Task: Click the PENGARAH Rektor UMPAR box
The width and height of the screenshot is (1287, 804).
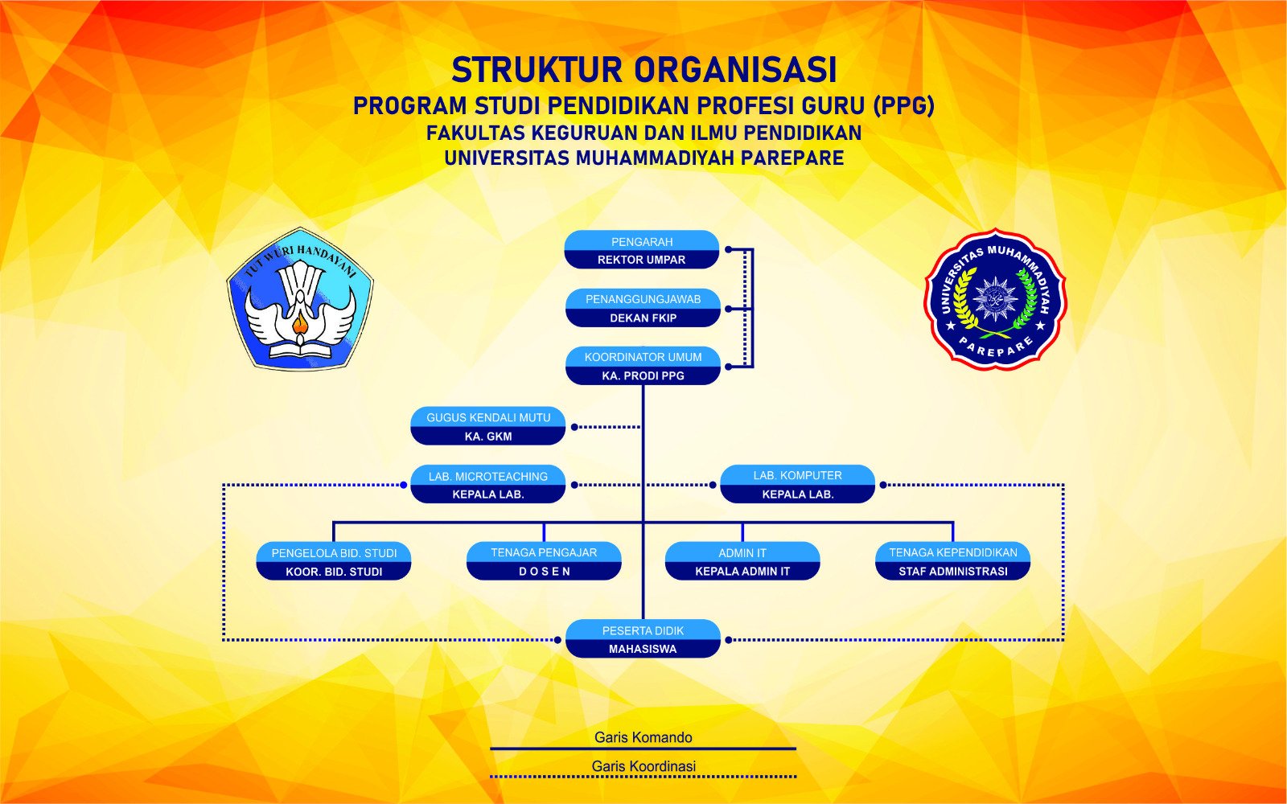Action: click(x=642, y=250)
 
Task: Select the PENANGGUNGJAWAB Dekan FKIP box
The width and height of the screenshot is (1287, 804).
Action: click(x=642, y=308)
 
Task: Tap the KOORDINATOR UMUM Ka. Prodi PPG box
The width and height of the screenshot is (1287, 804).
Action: click(x=642, y=366)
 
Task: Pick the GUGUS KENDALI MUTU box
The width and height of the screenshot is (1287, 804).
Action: click(x=488, y=426)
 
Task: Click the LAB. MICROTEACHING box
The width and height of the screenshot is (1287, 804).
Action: click(x=488, y=485)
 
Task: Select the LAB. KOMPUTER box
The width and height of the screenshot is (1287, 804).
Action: click(x=797, y=485)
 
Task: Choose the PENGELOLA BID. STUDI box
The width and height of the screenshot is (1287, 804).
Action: click(x=334, y=561)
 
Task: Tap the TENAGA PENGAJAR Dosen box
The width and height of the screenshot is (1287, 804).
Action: click(x=544, y=561)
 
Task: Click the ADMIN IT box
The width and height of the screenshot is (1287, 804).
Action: click(x=742, y=561)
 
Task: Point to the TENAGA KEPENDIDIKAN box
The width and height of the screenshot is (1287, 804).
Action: click(x=952, y=561)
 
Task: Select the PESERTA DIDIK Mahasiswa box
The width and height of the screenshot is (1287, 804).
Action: click(x=642, y=639)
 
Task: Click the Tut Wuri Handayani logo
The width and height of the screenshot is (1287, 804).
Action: click(x=300, y=299)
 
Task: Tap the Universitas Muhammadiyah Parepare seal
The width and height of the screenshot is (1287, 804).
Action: click(x=996, y=299)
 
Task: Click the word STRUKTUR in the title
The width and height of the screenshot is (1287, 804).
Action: click(x=537, y=71)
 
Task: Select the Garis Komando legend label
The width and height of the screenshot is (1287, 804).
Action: click(x=643, y=737)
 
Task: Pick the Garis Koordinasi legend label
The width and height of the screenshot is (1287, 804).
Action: click(x=643, y=766)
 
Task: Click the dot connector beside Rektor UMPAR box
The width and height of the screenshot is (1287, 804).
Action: click(x=729, y=250)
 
